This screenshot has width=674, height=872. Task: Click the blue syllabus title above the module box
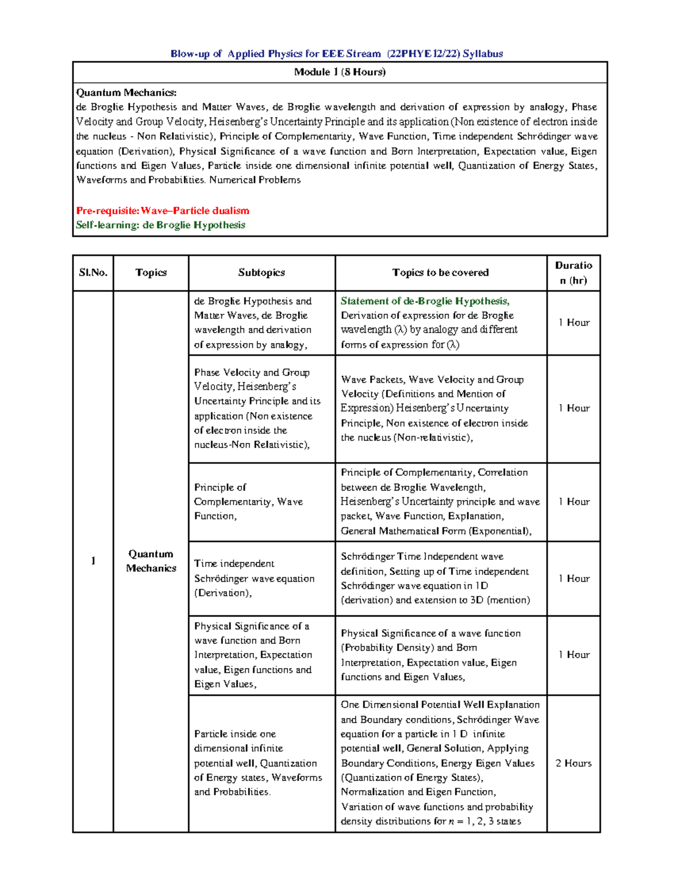point(336,54)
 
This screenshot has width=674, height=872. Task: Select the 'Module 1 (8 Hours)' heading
point(340,72)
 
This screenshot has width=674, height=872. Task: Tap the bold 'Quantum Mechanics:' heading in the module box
point(126,93)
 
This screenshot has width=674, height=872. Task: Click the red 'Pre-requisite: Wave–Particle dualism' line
point(163,211)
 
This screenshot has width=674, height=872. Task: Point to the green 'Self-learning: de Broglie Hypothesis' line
point(161,225)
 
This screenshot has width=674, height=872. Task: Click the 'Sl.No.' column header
point(93,273)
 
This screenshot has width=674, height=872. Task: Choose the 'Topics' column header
point(151,273)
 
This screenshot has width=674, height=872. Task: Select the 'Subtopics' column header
point(261,273)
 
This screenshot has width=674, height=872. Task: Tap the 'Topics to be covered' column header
point(440,273)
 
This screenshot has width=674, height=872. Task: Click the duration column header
point(573,273)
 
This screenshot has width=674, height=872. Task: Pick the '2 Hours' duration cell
point(573,763)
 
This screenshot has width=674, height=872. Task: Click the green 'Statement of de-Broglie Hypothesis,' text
point(425,301)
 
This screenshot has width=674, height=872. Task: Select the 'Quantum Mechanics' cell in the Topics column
point(151,561)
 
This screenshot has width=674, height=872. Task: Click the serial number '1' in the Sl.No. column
point(93,561)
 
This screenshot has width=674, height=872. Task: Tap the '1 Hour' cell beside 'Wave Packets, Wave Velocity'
point(573,408)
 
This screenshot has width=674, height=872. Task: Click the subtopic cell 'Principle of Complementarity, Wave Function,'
point(248,501)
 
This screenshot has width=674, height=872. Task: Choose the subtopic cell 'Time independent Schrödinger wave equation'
point(254,578)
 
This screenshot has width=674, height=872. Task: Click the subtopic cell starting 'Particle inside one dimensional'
point(258,763)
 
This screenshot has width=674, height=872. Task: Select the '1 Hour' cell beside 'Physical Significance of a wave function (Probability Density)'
point(573,655)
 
